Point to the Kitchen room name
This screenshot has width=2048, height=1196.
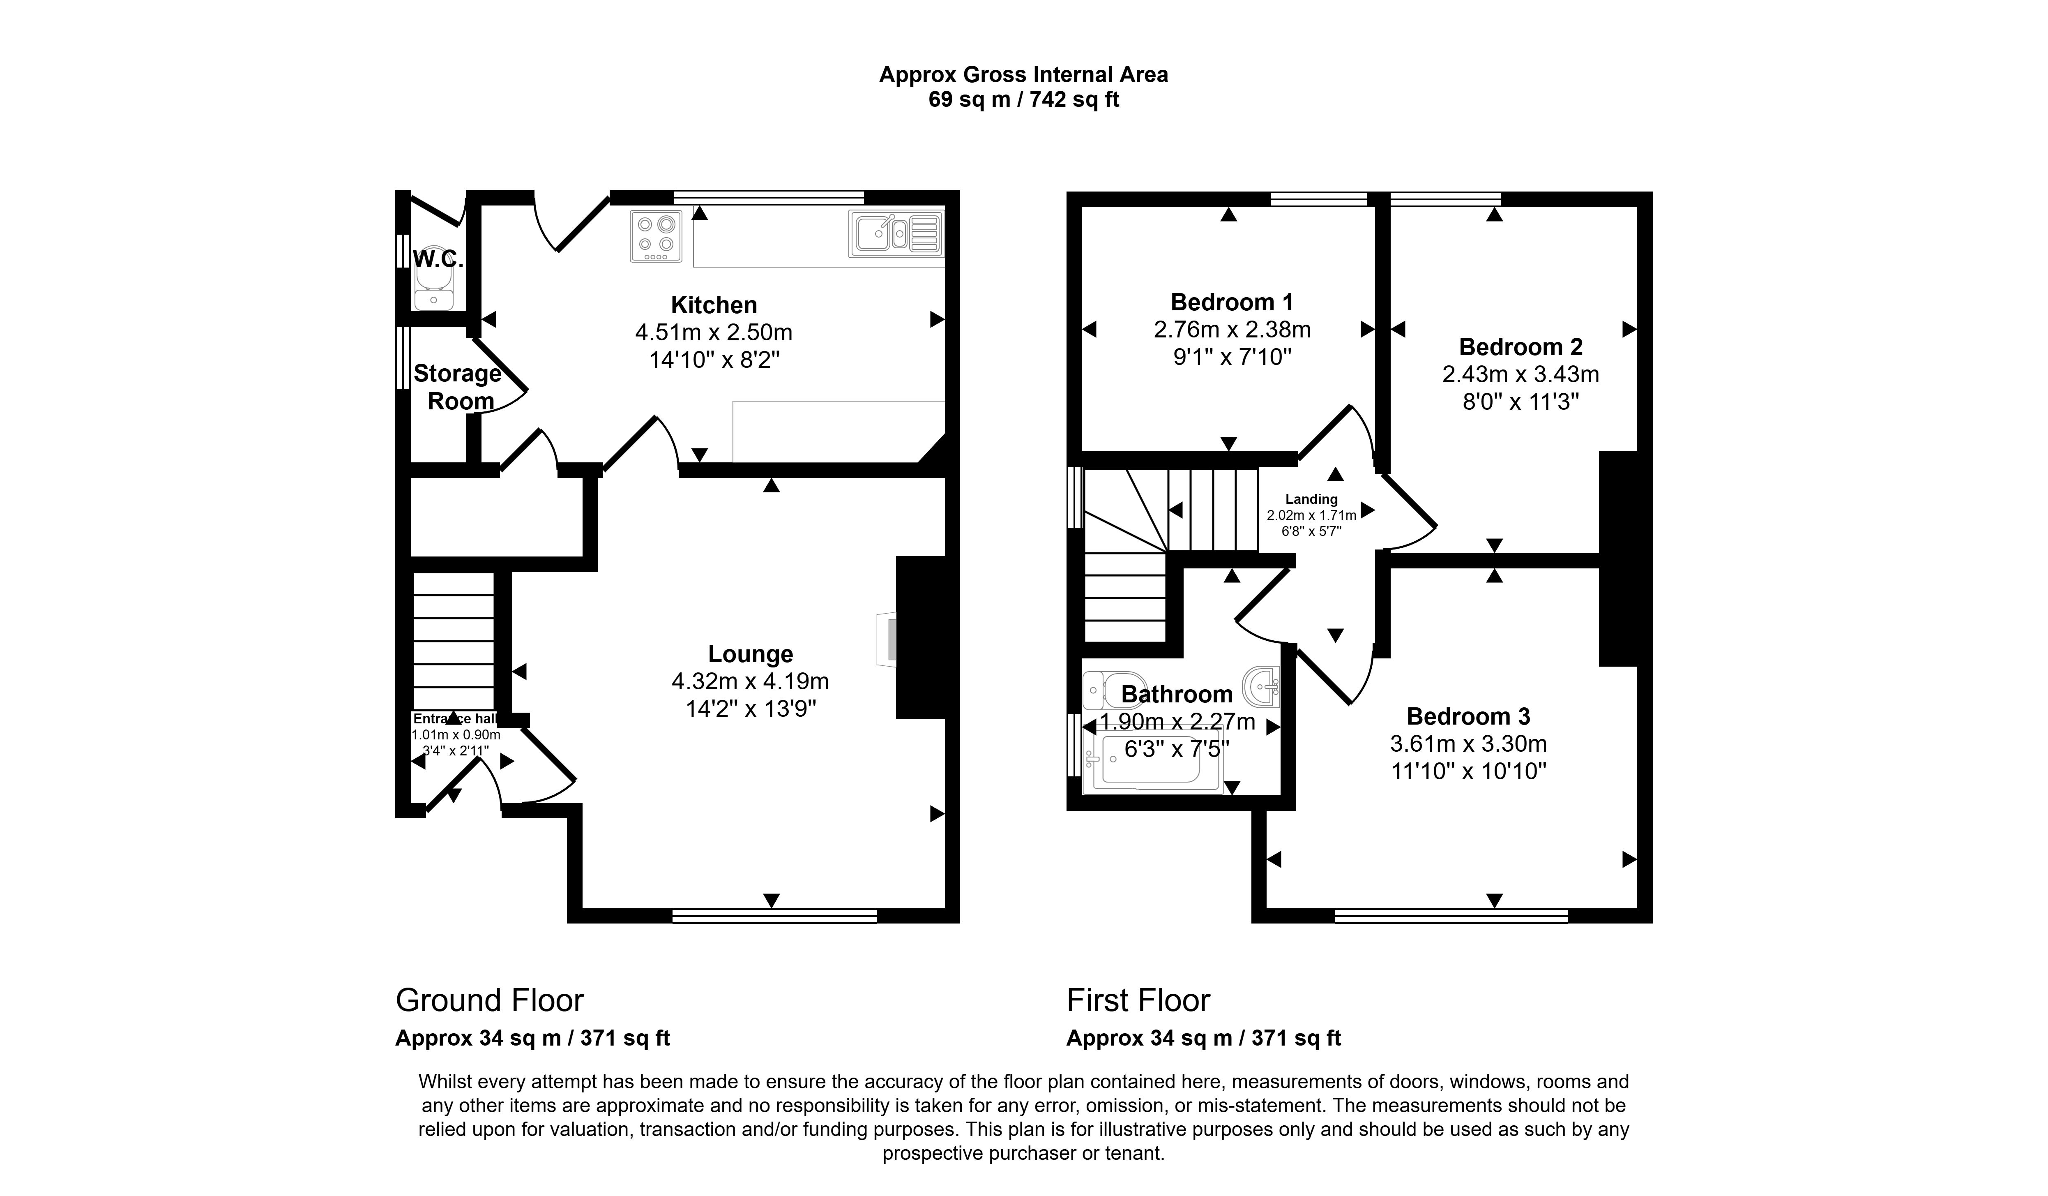coord(714,305)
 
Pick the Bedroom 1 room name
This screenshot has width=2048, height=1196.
coord(1231,302)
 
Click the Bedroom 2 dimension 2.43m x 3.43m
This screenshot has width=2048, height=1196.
coord(1520,375)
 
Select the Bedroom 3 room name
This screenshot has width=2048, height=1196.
coord(1468,716)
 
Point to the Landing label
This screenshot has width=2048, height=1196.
coord(1311,499)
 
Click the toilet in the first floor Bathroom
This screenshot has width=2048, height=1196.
coord(1103,690)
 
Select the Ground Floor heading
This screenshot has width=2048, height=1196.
coord(489,1000)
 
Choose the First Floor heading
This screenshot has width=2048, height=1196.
coord(1138,1000)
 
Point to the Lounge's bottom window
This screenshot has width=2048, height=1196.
coord(774,916)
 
